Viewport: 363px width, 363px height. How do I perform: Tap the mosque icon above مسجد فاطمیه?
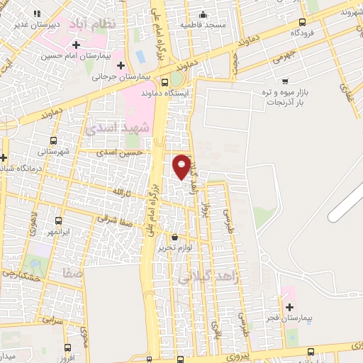pos(203,14)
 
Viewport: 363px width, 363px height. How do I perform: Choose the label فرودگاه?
pos(303,33)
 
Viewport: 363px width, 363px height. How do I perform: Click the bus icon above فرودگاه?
pos(303,22)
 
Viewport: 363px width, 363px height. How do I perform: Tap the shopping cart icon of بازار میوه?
pos(285,81)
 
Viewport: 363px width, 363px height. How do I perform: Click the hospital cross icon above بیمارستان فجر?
pos(289,307)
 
